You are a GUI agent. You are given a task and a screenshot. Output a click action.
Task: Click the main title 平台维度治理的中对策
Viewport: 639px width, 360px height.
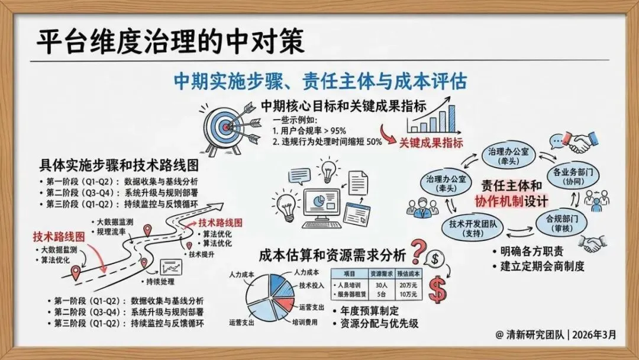tap(170, 41)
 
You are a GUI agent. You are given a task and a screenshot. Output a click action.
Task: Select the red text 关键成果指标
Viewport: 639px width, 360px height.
tap(431, 143)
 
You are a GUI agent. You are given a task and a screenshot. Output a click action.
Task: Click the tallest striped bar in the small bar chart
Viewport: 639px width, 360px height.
tap(451, 118)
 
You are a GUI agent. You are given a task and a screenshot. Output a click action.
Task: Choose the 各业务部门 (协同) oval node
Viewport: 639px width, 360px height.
tap(573, 176)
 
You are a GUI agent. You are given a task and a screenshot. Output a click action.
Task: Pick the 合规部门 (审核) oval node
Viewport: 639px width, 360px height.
tap(562, 223)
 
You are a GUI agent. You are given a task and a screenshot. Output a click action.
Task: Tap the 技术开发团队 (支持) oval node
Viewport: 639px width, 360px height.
tap(473, 229)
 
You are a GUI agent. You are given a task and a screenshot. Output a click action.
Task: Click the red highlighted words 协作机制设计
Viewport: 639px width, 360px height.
tap(511, 201)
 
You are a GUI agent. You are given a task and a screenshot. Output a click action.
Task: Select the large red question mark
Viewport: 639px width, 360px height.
tap(418, 252)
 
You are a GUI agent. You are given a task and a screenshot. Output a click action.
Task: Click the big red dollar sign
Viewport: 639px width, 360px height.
tap(438, 290)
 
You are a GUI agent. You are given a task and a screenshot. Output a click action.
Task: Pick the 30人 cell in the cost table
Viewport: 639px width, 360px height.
tap(382, 285)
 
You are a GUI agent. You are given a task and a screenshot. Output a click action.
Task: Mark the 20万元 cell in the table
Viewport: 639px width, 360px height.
tap(408, 285)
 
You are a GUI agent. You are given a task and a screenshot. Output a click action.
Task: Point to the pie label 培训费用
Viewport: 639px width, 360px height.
tap(305, 322)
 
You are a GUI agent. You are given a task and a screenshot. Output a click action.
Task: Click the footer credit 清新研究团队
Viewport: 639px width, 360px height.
tap(535, 335)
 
